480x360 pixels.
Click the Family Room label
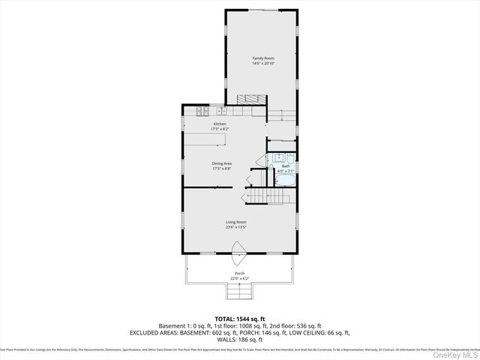pos(262,58)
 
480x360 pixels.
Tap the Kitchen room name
pos(220,124)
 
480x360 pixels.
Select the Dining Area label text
pos(221,163)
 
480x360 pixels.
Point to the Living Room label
pos(236,222)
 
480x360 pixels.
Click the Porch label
pos(240,274)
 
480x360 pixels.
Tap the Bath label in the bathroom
pos(286,166)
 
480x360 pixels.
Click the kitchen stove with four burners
pos(202,112)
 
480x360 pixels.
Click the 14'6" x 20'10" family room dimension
pos(262,63)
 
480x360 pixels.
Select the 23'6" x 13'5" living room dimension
pos(236,227)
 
